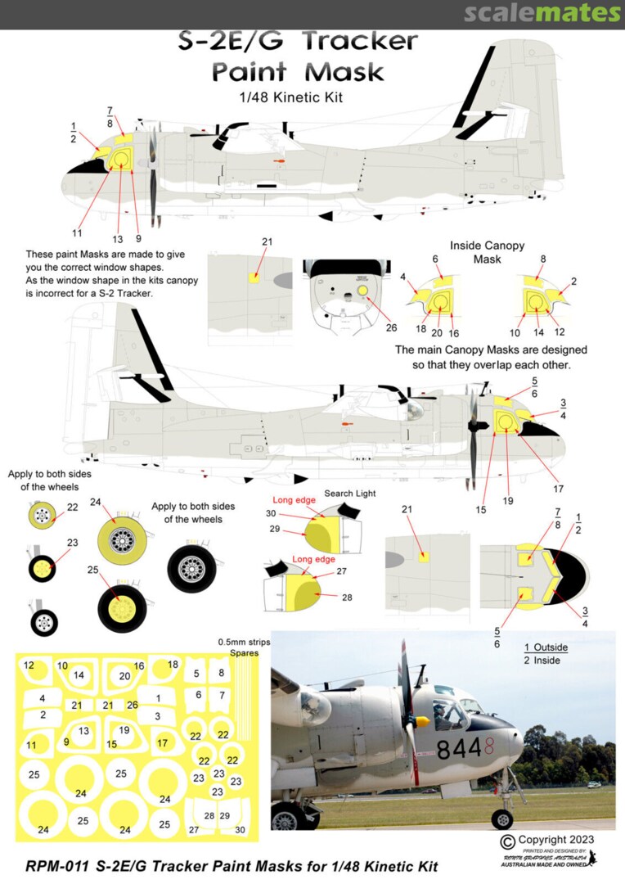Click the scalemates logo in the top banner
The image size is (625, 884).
(542, 13)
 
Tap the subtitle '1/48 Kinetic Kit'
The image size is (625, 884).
(299, 97)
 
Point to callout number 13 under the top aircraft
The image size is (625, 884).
(118, 239)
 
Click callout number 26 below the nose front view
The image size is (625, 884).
(391, 327)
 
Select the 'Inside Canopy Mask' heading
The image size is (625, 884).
(488, 252)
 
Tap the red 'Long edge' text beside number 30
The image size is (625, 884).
(294, 499)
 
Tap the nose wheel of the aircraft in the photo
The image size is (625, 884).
(502, 819)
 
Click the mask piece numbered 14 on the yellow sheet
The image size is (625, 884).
(79, 675)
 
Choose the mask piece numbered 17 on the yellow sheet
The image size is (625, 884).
(162, 743)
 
